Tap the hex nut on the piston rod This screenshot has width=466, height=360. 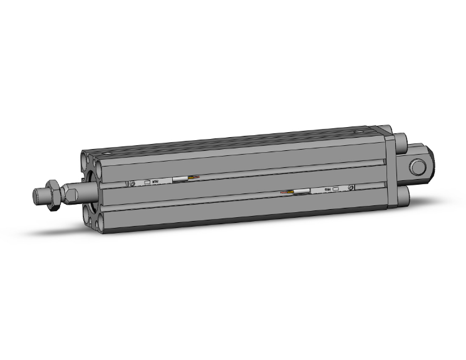pyautogui.click(x=54, y=192)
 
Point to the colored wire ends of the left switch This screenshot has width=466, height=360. pyautogui.click(x=195, y=179)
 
